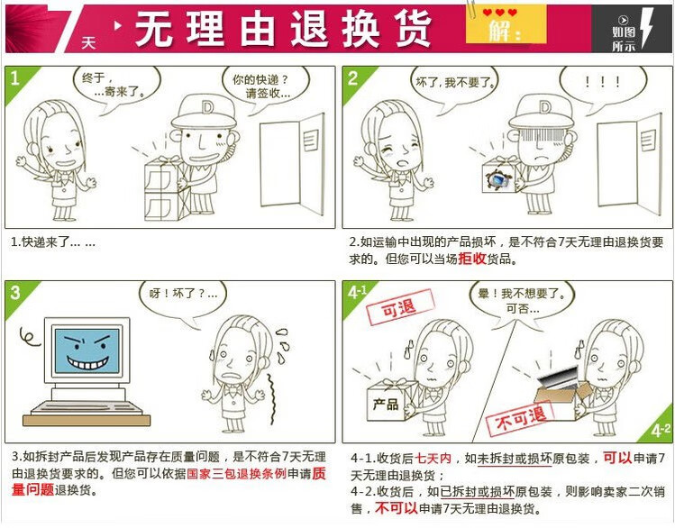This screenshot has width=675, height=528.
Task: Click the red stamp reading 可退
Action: (400, 307)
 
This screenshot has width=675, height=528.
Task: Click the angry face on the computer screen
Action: (87, 350)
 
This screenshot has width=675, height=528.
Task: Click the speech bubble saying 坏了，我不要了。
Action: (454, 86)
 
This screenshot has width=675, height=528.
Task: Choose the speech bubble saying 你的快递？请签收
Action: (266, 87)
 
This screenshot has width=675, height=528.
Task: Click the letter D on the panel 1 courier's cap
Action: (206, 107)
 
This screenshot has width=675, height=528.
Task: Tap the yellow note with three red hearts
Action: (506, 23)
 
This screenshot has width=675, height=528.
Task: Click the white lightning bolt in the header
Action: (647, 28)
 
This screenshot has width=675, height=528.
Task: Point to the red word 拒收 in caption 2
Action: (472, 259)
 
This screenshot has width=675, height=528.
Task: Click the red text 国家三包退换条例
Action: (236, 473)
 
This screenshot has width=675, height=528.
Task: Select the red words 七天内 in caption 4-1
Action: (433, 459)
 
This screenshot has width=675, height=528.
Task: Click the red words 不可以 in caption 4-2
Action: (396, 508)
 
